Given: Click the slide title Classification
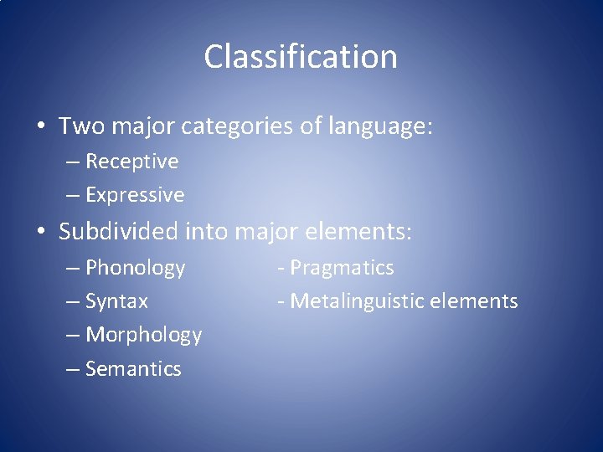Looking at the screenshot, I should point(300,57).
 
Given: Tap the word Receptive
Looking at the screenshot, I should point(132,161).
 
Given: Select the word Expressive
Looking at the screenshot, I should point(135,195).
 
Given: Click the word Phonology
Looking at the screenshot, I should point(136,268).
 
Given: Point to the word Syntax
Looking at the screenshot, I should point(117,301).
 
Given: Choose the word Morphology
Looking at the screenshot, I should point(144,335).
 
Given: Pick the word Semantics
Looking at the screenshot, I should point(134,368).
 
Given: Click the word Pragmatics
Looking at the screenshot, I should point(342,268).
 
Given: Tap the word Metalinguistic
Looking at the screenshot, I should point(370,301).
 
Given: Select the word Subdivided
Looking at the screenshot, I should point(119,230).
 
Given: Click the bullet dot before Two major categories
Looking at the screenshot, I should point(39,127).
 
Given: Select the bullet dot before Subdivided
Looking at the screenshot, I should point(39,230).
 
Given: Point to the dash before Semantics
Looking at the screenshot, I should point(73,368).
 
